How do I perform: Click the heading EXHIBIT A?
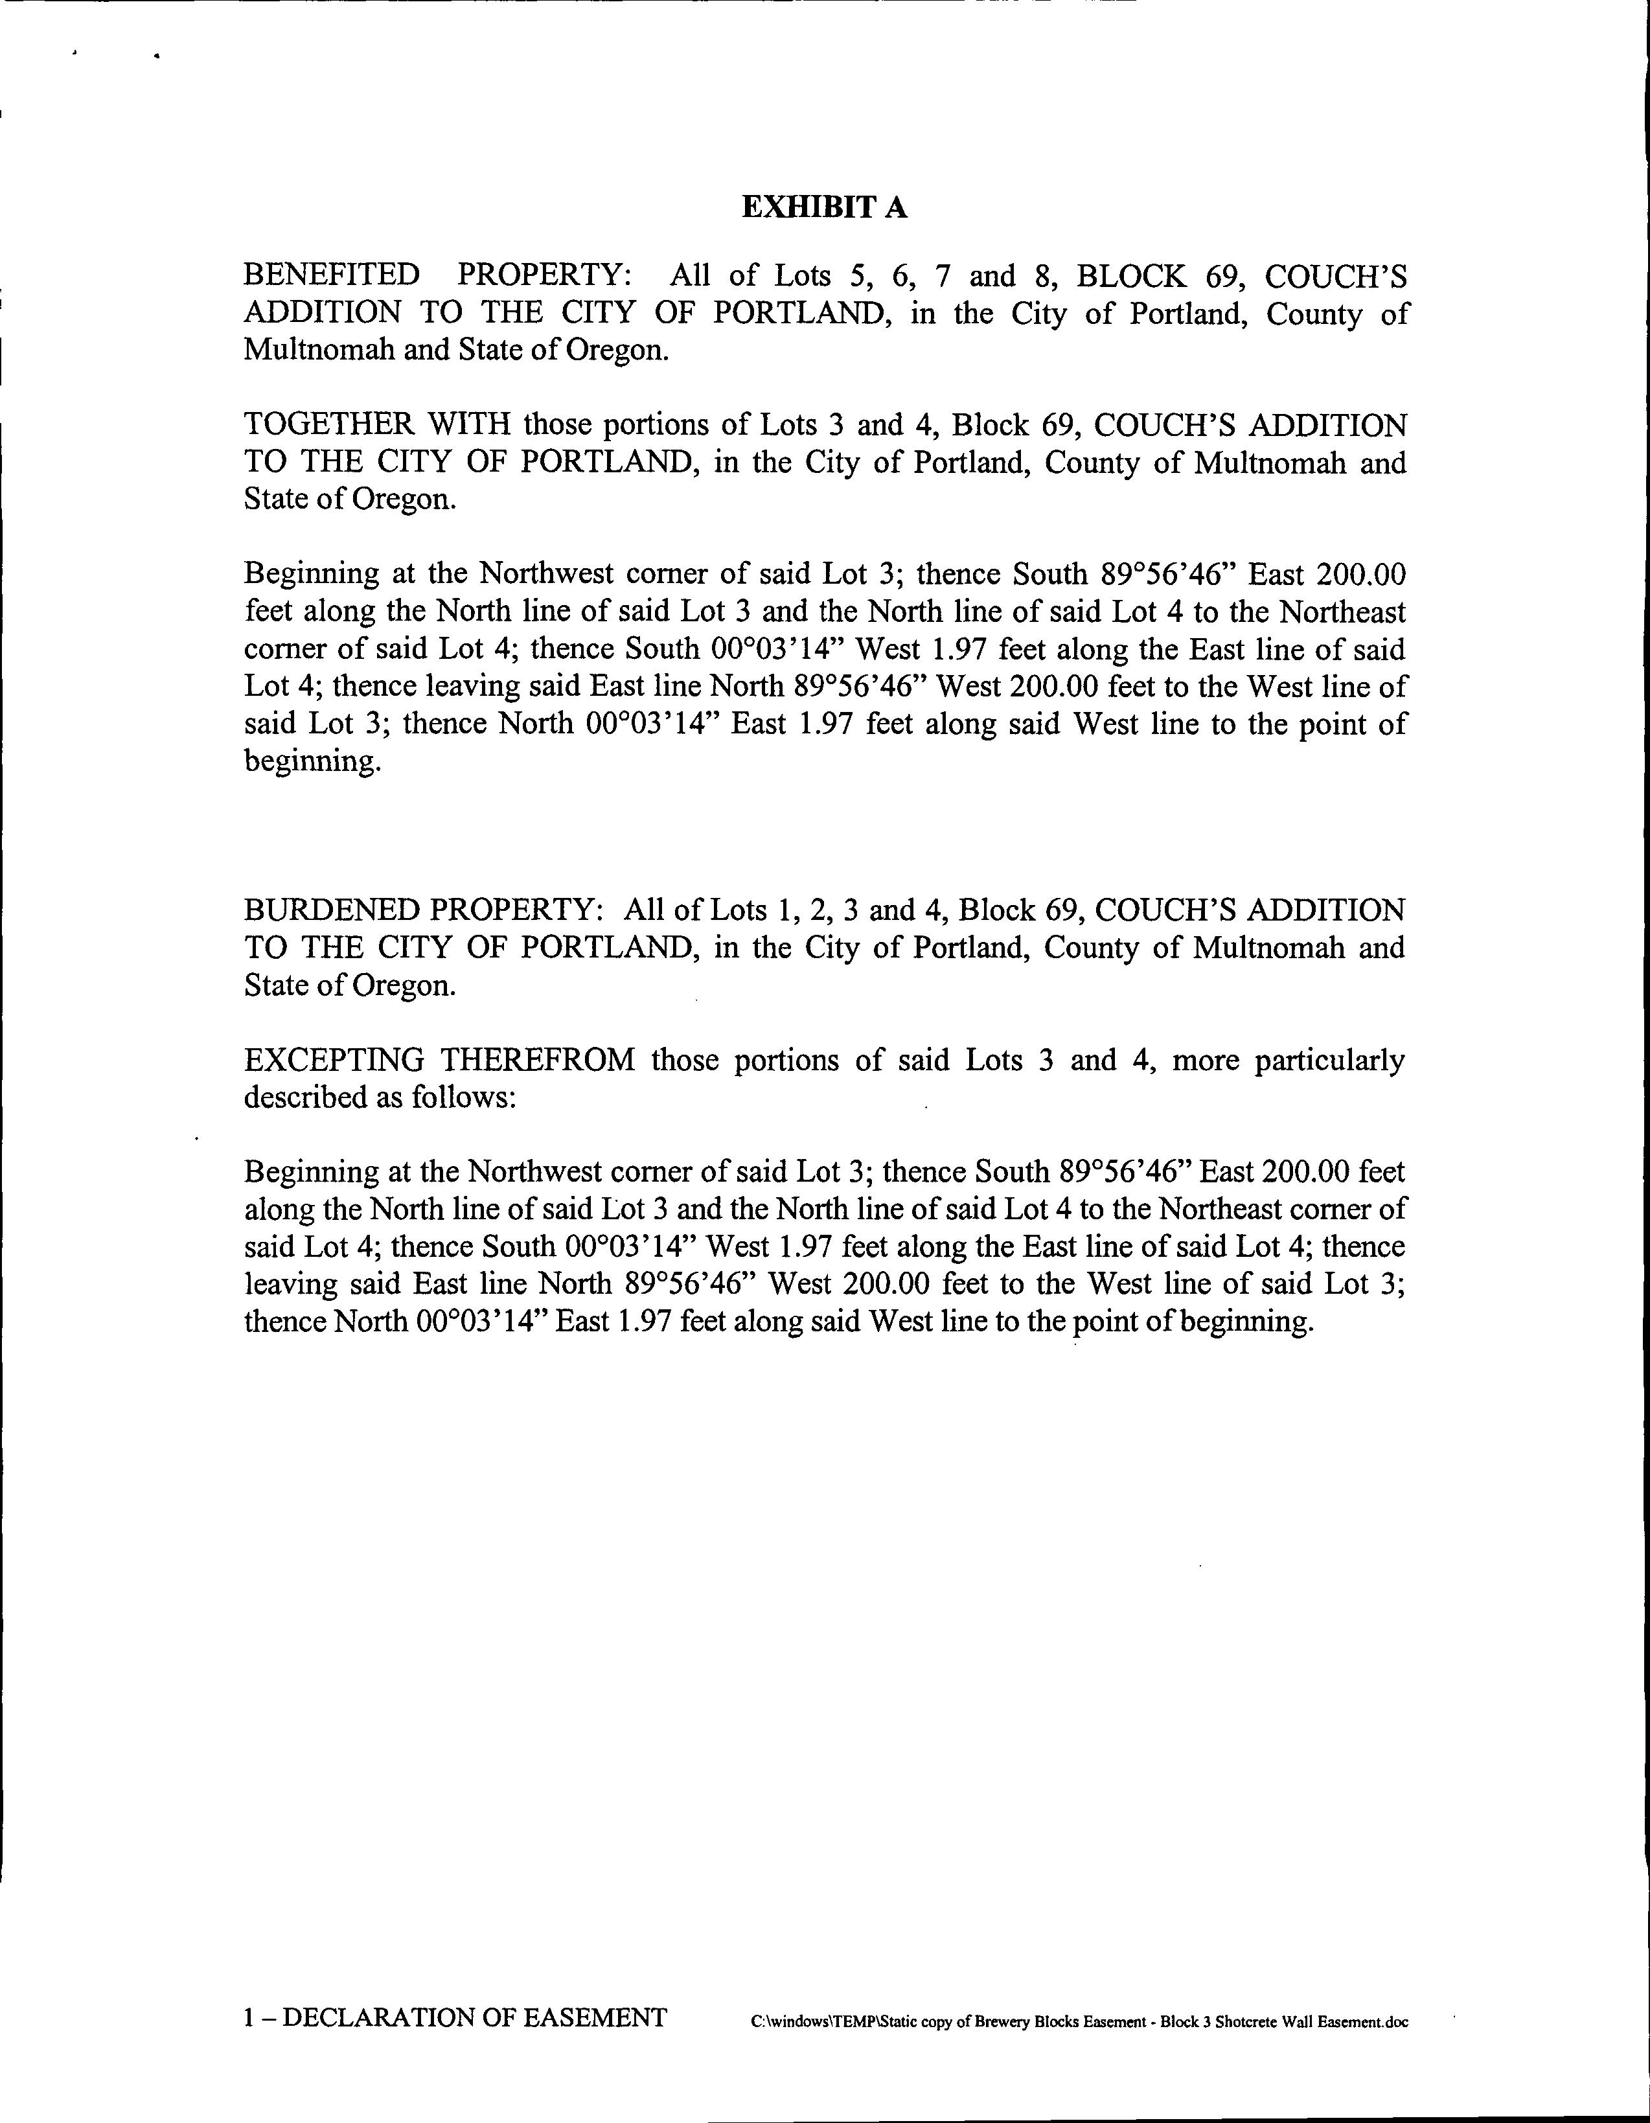point(825,207)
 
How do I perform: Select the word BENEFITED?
point(332,276)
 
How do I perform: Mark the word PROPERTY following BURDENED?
point(515,911)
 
